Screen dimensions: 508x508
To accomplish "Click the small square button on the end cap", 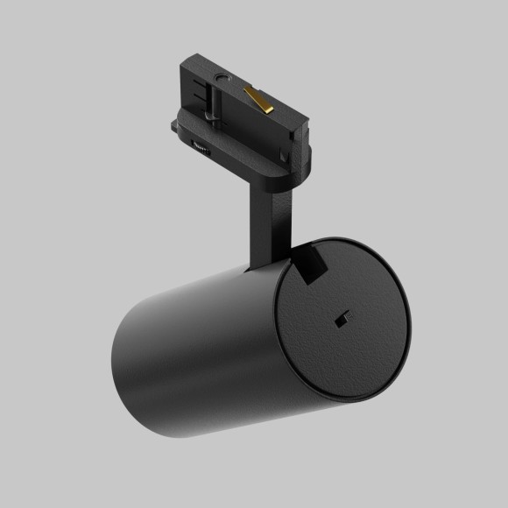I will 343,319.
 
